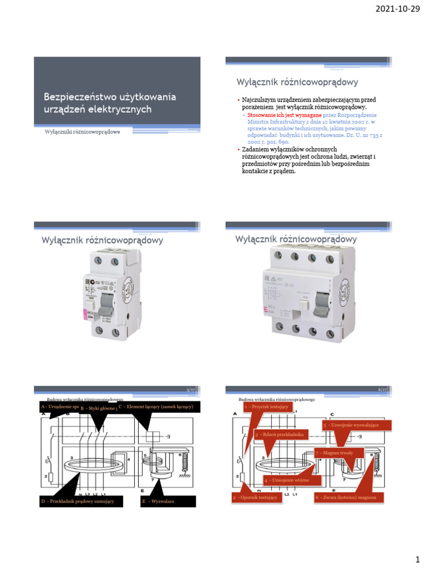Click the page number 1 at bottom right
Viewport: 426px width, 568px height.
(417, 556)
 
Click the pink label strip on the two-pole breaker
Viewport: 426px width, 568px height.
(84, 316)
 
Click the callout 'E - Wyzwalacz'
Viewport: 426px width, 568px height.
(168, 501)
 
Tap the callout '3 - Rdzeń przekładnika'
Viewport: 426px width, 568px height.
(281, 434)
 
